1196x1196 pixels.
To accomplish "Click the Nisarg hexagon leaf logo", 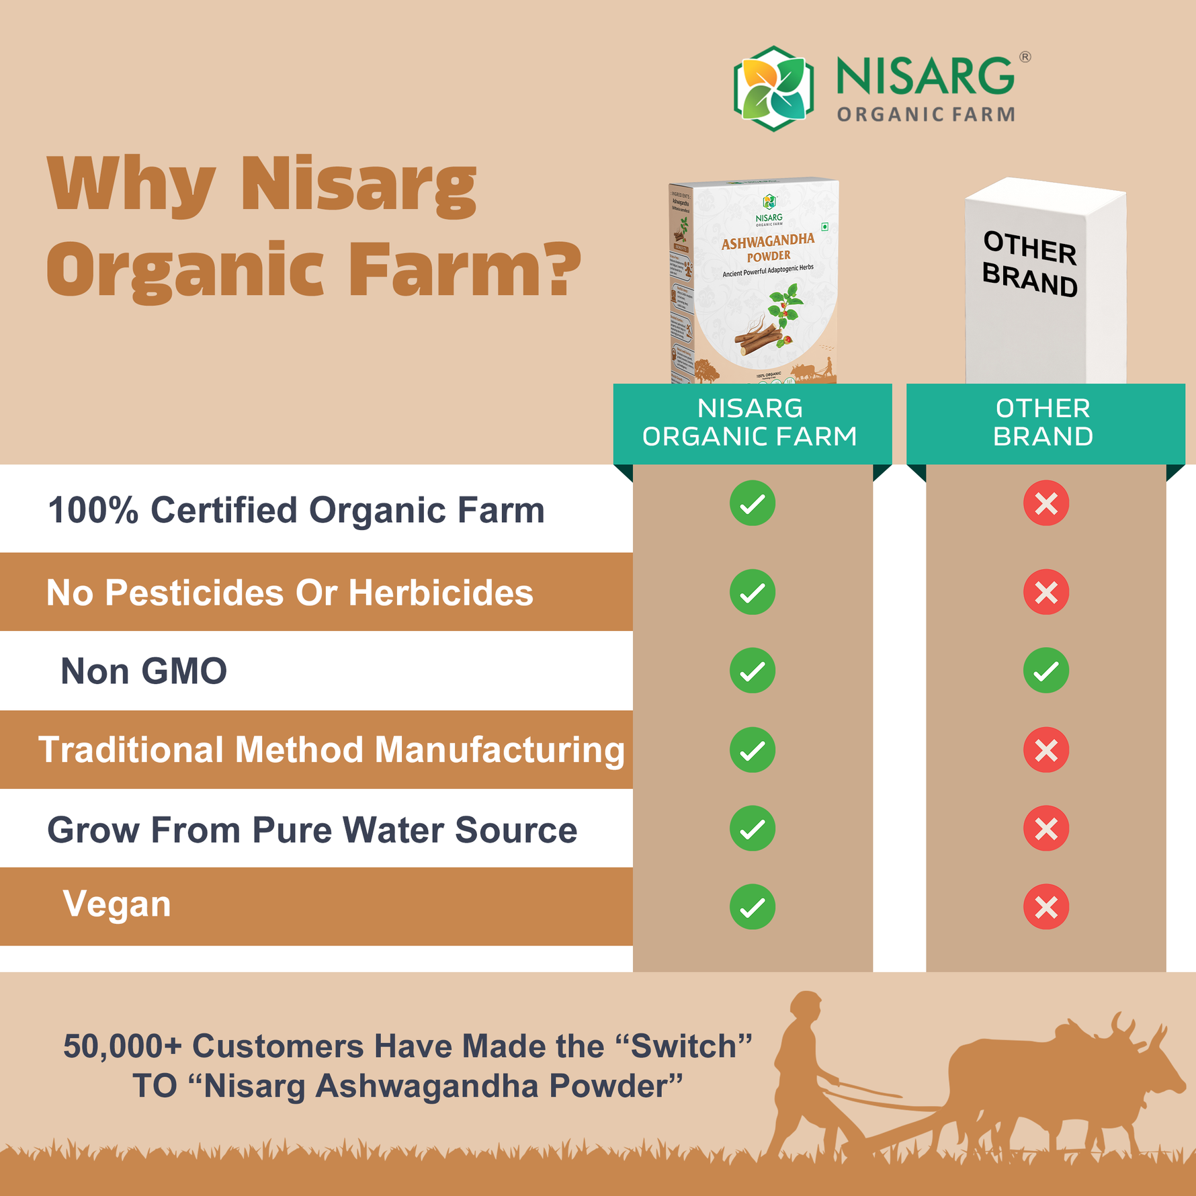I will pyautogui.click(x=773, y=88).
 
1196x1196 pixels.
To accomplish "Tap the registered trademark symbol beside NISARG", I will pyautogui.click(x=1025, y=57).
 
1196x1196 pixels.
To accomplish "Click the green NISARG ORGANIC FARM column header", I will pyautogui.click(x=751, y=423).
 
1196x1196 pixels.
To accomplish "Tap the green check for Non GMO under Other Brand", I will pyautogui.click(x=1045, y=671).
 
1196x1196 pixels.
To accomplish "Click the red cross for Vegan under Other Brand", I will pyautogui.click(x=1045, y=907).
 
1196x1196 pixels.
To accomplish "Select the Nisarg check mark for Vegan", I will pyautogui.click(x=752, y=907).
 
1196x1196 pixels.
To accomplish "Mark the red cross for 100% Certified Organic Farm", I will pyautogui.click(x=1045, y=503).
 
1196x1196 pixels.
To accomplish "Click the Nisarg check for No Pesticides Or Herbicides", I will pyautogui.click(x=752, y=592).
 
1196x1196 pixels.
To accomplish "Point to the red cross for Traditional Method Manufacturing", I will pyautogui.click(x=1045, y=750).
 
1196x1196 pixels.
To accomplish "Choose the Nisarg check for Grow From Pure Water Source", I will pyautogui.click(x=752, y=828).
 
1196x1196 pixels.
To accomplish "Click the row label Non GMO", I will pyautogui.click(x=144, y=671).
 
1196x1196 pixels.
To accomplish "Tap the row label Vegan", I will pyautogui.click(x=117, y=904).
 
